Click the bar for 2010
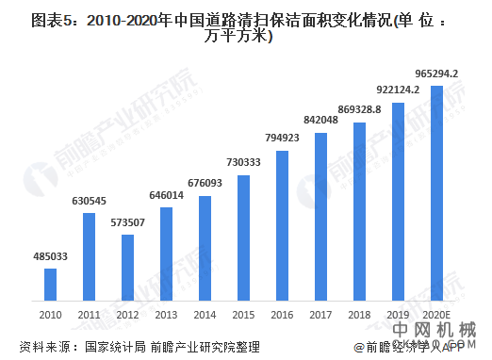(51, 283)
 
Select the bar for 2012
(127, 266)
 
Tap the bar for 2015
(243, 236)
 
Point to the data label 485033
(50, 256)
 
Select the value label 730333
(243, 163)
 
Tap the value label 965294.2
(435, 74)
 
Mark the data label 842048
(320, 121)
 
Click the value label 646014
(166, 195)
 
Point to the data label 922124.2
(398, 90)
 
